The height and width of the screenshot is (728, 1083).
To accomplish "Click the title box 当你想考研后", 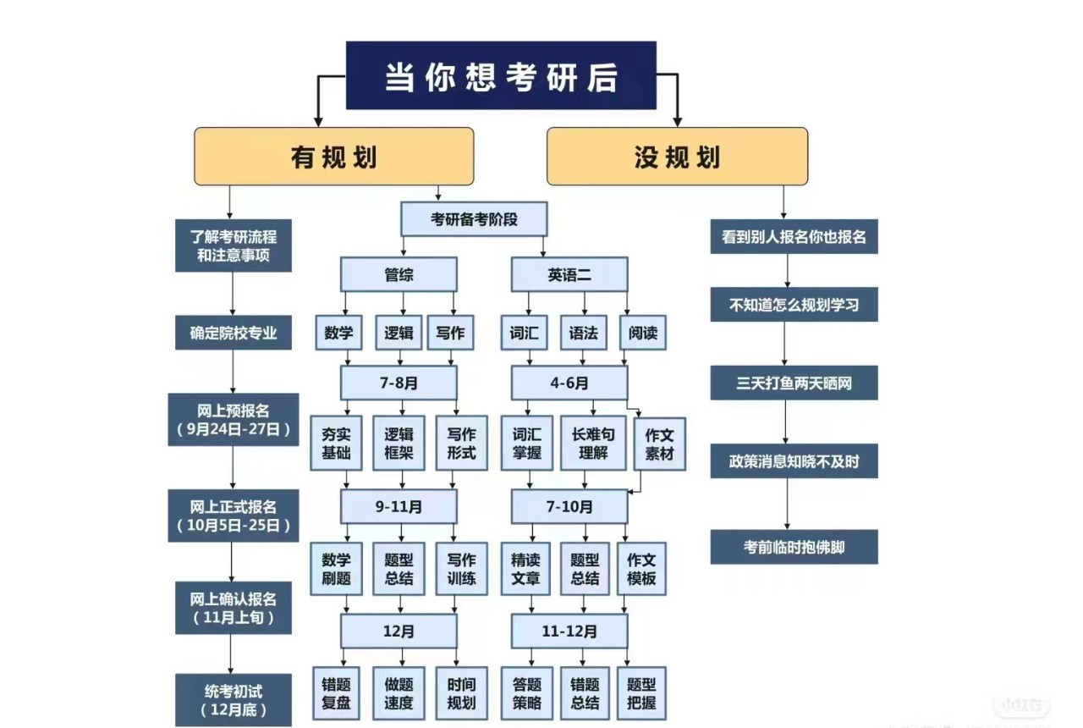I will coord(501,75).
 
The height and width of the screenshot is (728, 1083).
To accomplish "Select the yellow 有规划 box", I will coord(333,157).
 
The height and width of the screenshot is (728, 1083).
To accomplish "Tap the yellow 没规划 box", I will coord(677,157).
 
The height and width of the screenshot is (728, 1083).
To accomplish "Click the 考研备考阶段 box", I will coord(474,220).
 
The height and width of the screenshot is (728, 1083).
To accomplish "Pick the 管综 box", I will coord(399,274).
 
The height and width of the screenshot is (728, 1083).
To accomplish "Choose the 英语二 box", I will coord(569,274).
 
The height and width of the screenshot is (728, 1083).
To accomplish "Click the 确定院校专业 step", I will coord(233,333).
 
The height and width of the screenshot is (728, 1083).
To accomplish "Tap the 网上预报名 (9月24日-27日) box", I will coord(233,419).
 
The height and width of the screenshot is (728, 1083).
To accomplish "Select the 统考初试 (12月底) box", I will coord(233,698).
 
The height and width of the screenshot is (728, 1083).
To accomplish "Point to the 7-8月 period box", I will coord(399,383).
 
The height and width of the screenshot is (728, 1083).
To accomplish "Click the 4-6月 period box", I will coord(569,383).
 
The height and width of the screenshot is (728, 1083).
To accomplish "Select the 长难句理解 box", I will coord(592,443).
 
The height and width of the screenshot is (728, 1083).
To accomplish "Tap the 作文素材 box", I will coord(660,443).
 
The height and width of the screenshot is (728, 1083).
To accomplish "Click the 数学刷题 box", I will coord(336,569).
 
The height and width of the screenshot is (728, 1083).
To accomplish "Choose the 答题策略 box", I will coord(526,693).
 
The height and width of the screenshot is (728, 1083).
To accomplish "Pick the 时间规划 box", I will coord(461,693).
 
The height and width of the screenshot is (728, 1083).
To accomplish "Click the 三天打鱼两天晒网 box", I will coord(794,383).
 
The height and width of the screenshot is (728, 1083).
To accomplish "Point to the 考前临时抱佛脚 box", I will coord(794,547).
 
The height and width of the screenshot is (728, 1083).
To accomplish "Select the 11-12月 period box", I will coord(569,631).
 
